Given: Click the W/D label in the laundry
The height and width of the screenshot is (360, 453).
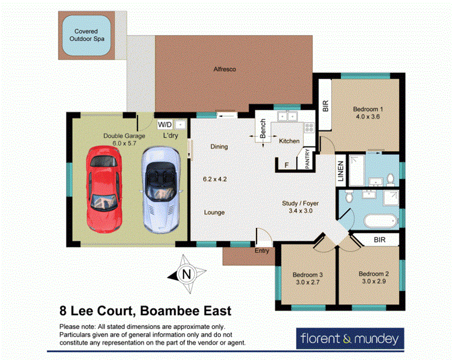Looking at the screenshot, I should pos(165,124).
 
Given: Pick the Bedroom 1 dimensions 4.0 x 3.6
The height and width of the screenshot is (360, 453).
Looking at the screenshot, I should pos(368,117).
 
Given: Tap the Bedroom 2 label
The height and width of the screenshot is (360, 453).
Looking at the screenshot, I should pos(374,274).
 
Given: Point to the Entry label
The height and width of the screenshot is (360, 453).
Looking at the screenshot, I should pos(261,251).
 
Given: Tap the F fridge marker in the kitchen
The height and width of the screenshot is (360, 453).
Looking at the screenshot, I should pos(286,165).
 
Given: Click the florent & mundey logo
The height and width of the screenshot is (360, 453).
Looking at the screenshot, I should pos(349,338).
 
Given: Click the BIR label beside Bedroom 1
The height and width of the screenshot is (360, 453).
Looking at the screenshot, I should pos(325,106).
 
